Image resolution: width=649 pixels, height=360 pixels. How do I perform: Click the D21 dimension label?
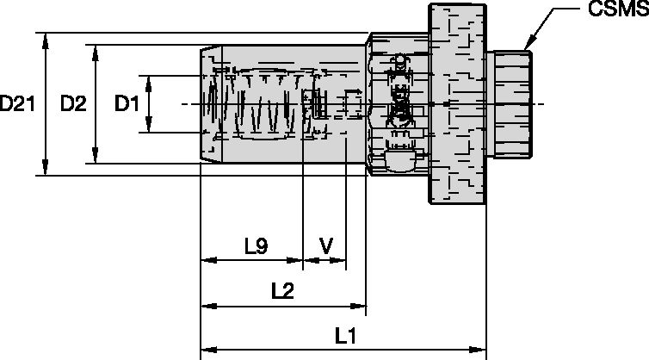17,104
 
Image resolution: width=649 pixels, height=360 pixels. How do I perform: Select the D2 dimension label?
72,104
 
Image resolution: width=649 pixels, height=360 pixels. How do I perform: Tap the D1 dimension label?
127,104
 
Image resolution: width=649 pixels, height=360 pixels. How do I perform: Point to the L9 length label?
256,246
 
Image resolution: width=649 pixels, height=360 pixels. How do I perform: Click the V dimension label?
325,246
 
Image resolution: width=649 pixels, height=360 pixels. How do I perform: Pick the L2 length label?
282,291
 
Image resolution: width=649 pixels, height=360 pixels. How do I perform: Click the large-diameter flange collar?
456,104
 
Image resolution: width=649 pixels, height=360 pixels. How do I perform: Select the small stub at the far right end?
509,104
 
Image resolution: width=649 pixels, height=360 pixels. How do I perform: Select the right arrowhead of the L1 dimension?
481,351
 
